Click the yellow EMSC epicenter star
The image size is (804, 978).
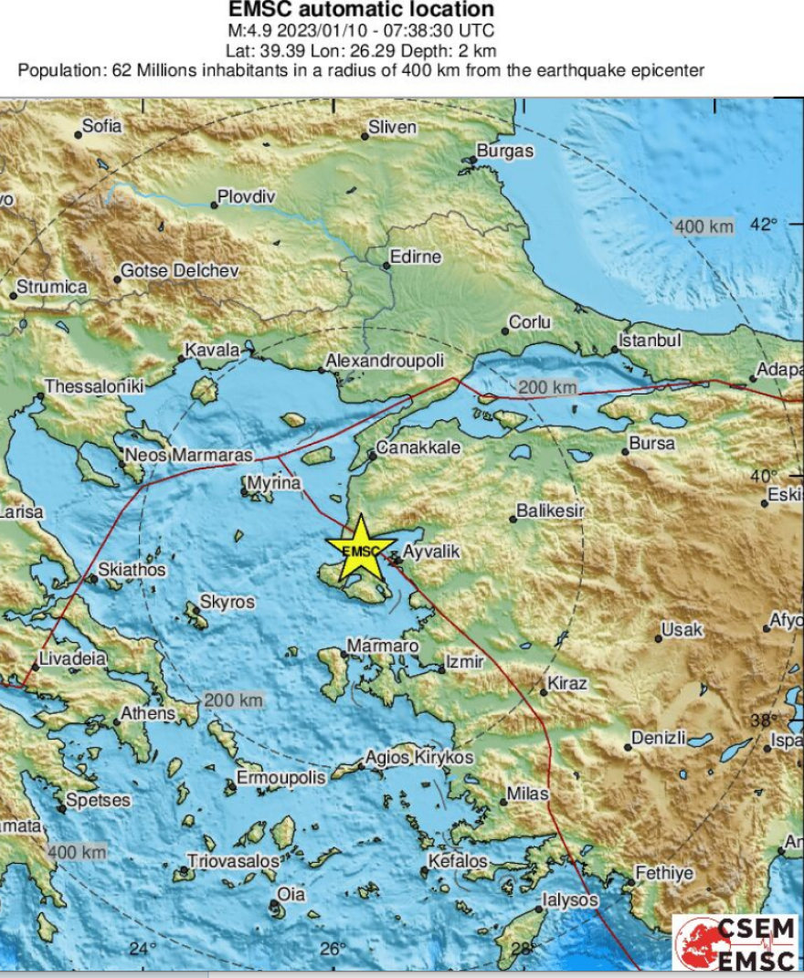[363, 549]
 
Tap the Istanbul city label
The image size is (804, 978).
[651, 341]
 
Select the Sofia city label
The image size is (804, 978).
[101, 127]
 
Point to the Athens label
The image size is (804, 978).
[147, 713]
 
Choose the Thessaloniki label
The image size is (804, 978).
[94, 387]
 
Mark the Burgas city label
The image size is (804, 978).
[505, 152]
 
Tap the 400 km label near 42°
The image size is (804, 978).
[703, 226]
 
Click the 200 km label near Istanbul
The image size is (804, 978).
[547, 388]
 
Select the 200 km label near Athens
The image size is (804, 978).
[233, 700]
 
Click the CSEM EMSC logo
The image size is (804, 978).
[737, 941]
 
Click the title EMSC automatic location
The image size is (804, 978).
[361, 10]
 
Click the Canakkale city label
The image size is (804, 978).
[418, 448]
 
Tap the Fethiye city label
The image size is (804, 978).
[664, 873]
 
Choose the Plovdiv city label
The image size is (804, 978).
[246, 196]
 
